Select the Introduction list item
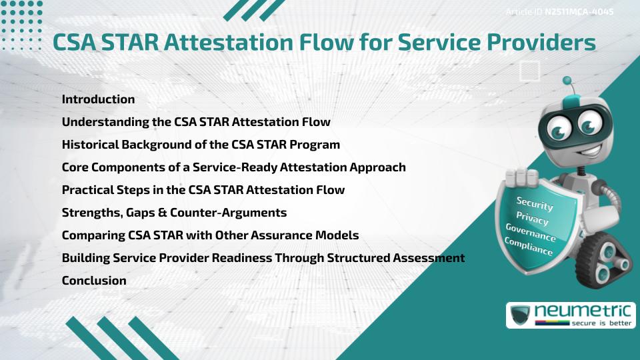tap(98, 99)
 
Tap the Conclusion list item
tap(94, 281)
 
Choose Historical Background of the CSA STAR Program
tap(201, 145)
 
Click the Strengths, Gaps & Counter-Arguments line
tap(174, 213)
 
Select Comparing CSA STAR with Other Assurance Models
tap(210, 235)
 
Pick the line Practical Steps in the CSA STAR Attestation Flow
tap(203, 190)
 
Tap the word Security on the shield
tap(535, 204)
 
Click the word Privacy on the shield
tap(532, 219)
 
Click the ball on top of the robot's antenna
tap(567, 81)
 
